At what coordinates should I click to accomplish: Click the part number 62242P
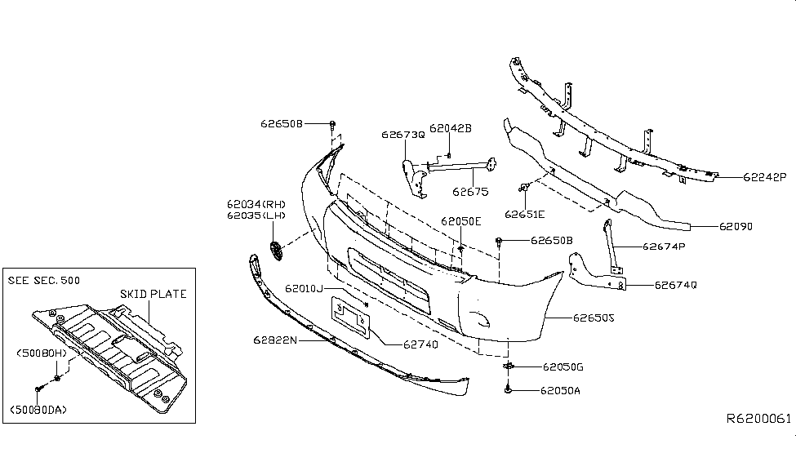tap(764, 176)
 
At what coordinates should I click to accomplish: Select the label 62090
tap(736, 226)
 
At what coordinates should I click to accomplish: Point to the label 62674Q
tap(675, 286)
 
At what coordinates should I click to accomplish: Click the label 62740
tap(420, 344)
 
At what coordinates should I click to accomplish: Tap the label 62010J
tap(305, 289)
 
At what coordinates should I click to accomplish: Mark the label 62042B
tap(451, 128)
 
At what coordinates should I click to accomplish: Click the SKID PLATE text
tap(153, 294)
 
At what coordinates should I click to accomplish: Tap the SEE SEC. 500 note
tap(43, 280)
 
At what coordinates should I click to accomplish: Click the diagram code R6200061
tap(758, 417)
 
